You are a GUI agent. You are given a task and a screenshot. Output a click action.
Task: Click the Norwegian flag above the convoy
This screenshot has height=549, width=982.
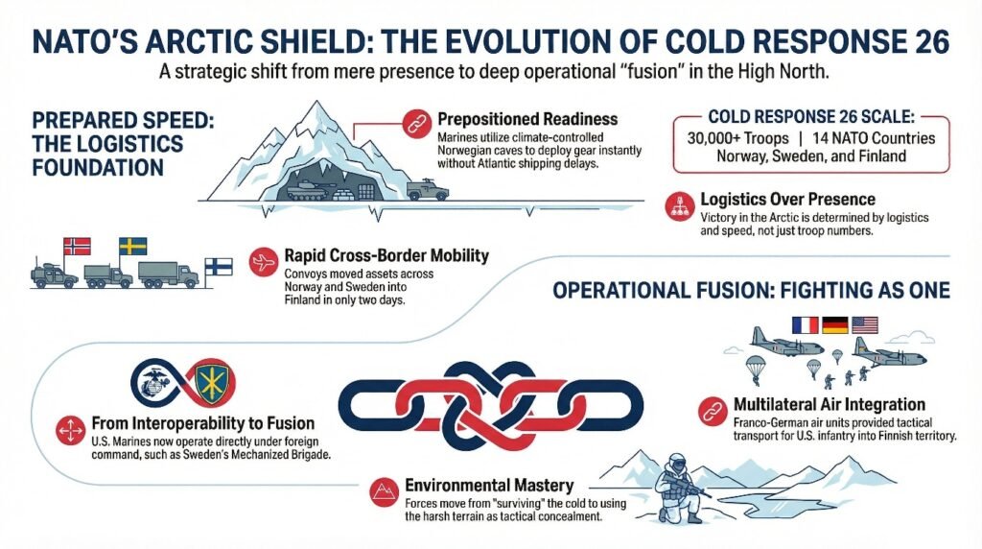pyautogui.click(x=75, y=246)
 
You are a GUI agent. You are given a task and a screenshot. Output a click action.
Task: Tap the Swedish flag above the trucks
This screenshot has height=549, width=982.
pyautogui.click(x=131, y=247)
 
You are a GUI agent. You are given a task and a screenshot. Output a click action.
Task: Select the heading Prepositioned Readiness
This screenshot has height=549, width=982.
pyautogui.click(x=527, y=120)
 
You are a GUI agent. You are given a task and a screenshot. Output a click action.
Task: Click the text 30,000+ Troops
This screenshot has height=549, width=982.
pyautogui.click(x=738, y=137)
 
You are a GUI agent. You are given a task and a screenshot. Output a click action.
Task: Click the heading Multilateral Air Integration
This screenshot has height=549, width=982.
pyautogui.click(x=826, y=404)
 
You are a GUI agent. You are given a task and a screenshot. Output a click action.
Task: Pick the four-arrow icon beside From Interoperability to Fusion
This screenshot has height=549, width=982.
pyautogui.click(x=70, y=428)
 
